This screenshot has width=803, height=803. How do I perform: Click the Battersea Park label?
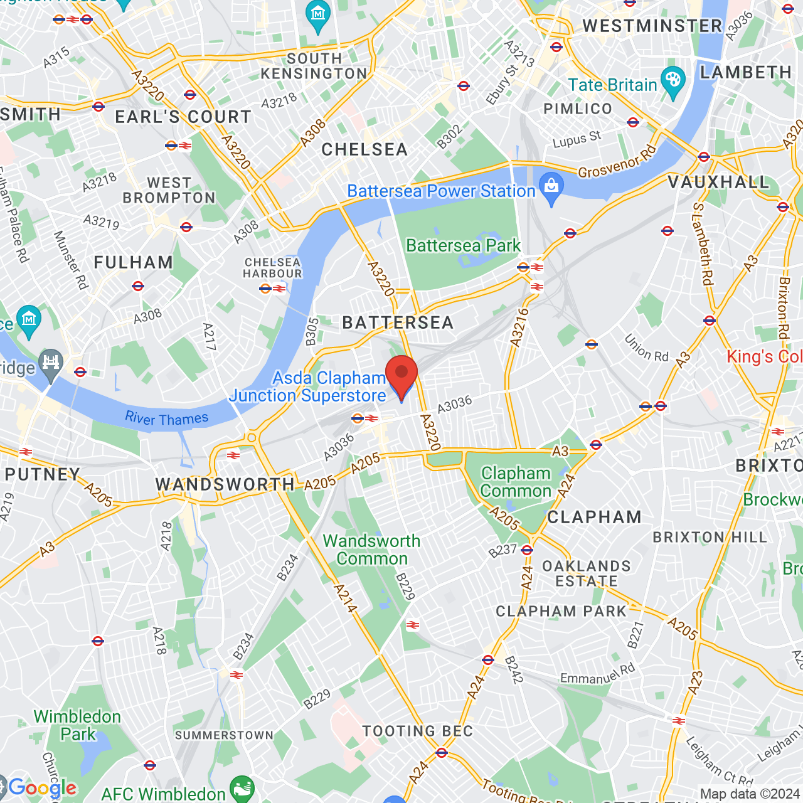tap(463, 245)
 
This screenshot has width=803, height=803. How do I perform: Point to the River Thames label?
tap(166, 418)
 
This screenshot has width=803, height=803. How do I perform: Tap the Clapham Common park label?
tap(516, 482)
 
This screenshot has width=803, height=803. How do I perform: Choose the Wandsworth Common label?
tap(371, 550)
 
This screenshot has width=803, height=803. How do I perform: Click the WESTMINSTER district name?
tap(652, 26)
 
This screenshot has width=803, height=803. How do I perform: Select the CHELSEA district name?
tap(364, 149)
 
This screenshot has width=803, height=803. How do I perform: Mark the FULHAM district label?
tap(133, 262)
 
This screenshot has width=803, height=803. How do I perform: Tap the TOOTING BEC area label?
tap(417, 731)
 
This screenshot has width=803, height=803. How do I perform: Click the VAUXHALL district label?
tap(718, 182)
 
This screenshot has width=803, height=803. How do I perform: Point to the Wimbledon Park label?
tap(77, 725)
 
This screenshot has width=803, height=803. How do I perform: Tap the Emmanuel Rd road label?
tap(597, 674)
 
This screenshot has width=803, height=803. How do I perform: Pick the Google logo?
tap(41, 788)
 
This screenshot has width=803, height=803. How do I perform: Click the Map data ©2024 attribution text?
tap(750, 794)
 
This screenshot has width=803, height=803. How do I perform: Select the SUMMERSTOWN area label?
tap(224, 735)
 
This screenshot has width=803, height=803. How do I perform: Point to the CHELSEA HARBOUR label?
tap(272, 268)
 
